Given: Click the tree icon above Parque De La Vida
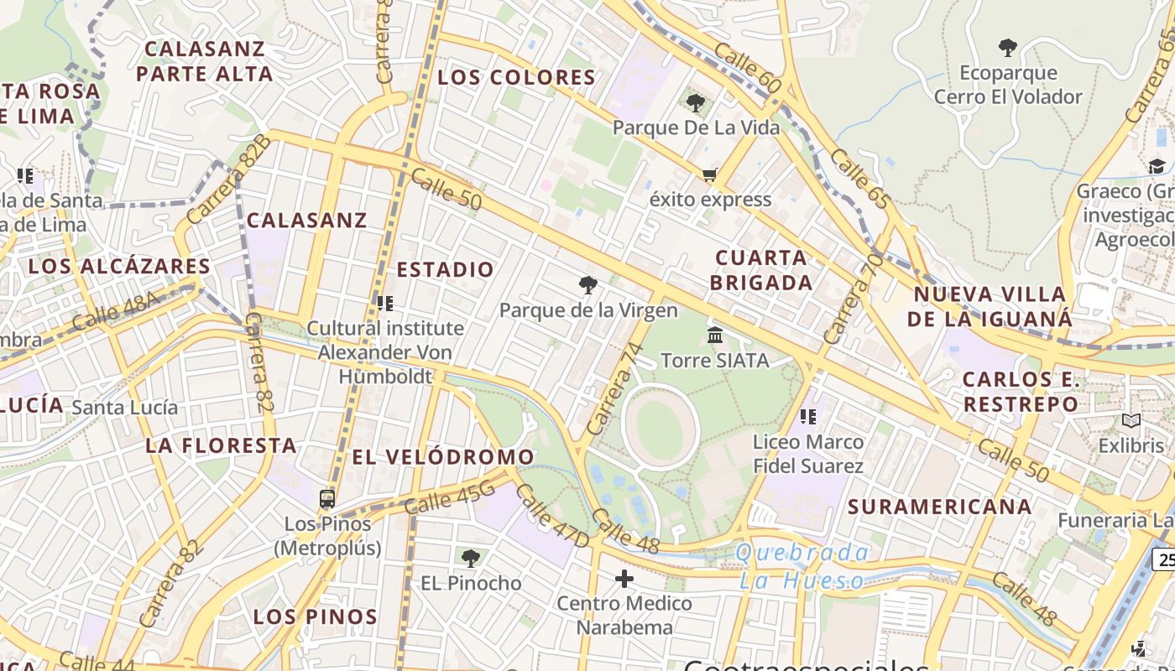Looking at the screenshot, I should [x=695, y=103].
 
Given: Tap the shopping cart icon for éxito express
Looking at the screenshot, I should [x=710, y=175].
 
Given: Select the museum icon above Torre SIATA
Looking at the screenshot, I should [x=715, y=335].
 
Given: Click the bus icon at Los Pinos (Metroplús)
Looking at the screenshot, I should [x=327, y=499].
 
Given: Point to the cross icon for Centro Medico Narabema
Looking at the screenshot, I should [x=624, y=579].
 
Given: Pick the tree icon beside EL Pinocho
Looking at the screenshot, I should [x=471, y=558].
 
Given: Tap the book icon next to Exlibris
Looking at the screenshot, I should [x=1131, y=421].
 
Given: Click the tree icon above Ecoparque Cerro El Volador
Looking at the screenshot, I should [x=1008, y=48].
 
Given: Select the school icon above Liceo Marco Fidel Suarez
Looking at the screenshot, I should [x=808, y=416].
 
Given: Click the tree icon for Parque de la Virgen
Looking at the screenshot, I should [x=588, y=285].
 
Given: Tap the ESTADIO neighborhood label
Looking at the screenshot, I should [x=445, y=269].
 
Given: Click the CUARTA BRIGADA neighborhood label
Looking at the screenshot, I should [x=761, y=270].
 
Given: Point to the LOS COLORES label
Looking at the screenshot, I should [x=516, y=78].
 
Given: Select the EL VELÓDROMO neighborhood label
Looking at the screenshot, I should [x=442, y=457].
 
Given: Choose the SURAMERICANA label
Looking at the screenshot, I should [x=939, y=507].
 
